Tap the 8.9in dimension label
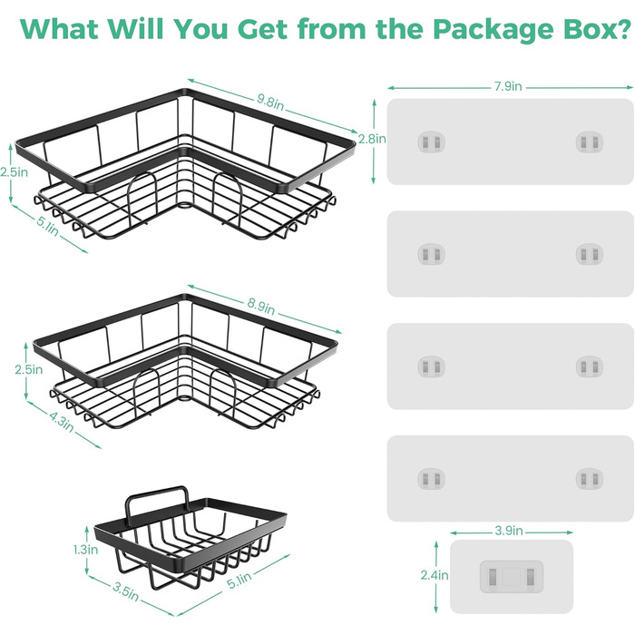261,307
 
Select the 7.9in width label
508,86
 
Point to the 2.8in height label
372,139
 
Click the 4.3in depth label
62,422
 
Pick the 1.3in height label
86,550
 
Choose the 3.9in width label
509,531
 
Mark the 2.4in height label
435,575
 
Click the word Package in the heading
493,29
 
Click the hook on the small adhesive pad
512,576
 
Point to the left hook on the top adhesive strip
431,142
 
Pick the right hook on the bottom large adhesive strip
590,479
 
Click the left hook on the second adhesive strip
431,254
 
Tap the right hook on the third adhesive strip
590,366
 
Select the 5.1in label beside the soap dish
239,581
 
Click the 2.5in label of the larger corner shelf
15,172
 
